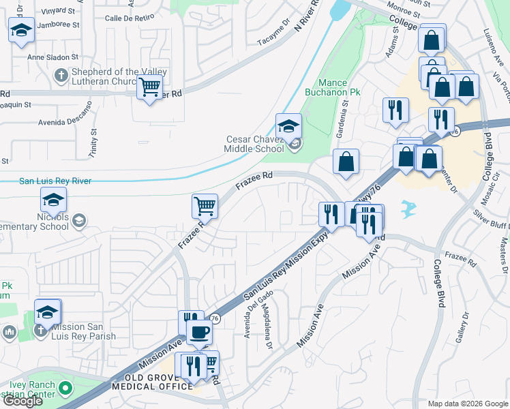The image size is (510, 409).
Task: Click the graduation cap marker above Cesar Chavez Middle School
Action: pyautogui.click(x=288, y=125)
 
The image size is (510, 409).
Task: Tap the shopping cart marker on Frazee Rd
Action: pyautogui.click(x=205, y=204)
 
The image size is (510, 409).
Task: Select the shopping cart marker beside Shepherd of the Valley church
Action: pyautogui.click(x=149, y=87)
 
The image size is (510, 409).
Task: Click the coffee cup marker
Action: pyautogui.click(x=199, y=332)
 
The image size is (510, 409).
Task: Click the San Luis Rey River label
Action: pyautogui.click(x=55, y=181)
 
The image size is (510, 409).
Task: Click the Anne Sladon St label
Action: pyautogui.click(x=52, y=58)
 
